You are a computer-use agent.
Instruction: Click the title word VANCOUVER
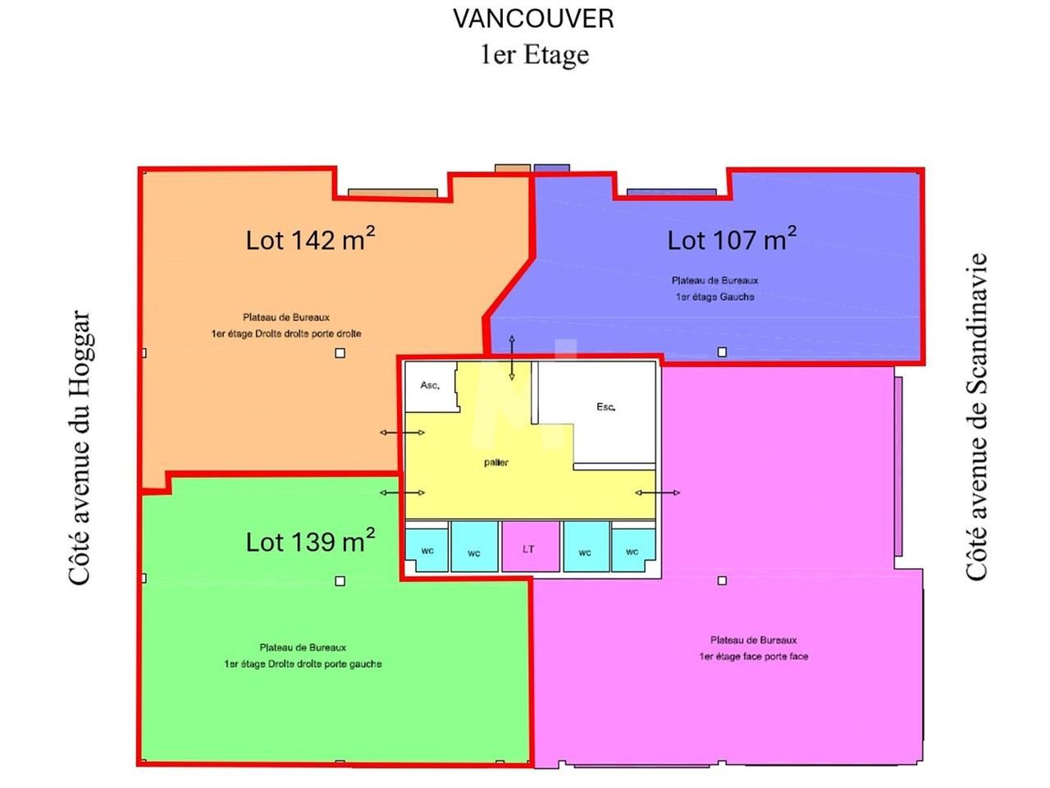click(533, 19)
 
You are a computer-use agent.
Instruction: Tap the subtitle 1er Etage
click(534, 55)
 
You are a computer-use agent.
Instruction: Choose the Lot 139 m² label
click(310, 541)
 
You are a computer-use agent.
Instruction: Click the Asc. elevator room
click(430, 386)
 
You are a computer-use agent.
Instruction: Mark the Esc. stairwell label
click(605, 407)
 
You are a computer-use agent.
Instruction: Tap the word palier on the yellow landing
click(496, 462)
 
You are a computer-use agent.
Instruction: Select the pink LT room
click(529, 548)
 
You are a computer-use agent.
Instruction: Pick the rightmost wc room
click(632, 551)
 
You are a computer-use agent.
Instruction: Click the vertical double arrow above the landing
click(512, 358)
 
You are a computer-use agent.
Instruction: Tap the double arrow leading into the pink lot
click(657, 492)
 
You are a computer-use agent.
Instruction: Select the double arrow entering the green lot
click(402, 492)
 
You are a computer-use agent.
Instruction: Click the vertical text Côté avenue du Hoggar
click(80, 447)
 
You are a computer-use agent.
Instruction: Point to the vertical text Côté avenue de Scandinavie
click(975, 417)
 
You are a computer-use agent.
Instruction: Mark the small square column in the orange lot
click(340, 353)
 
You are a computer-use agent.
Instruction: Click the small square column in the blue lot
click(722, 352)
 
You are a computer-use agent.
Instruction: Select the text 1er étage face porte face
click(753, 657)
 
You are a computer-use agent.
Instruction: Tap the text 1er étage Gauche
click(714, 297)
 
